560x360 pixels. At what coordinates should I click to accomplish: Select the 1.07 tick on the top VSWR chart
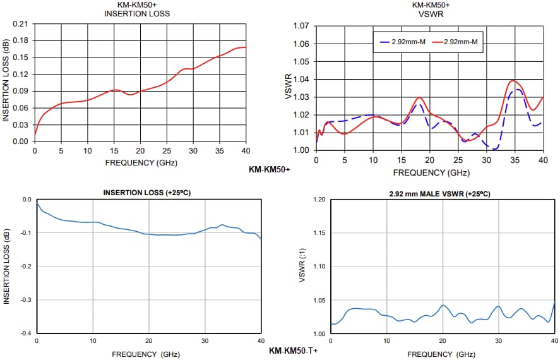point(300,26)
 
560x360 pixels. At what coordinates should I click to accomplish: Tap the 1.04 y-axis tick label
point(300,79)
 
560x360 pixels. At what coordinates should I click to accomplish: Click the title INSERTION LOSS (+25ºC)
point(148,193)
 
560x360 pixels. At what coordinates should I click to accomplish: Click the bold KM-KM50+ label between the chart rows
point(270,169)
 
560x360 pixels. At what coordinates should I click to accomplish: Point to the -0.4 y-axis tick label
point(25,333)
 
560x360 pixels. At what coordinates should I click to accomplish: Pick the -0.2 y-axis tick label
point(25,266)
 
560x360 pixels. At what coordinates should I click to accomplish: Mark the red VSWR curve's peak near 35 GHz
point(513,81)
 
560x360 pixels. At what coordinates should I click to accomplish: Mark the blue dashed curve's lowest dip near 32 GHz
point(496,148)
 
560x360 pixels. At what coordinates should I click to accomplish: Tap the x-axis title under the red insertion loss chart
point(141,162)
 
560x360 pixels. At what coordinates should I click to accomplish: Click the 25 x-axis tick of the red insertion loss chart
point(167,151)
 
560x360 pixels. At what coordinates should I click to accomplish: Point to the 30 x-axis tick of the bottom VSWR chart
point(499,341)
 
